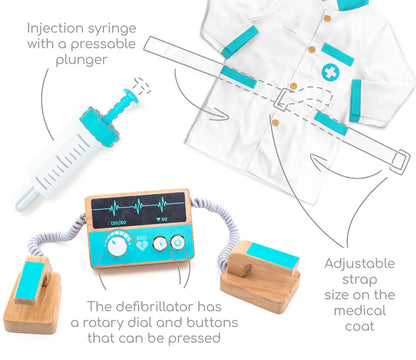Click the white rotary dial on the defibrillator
click(117, 247)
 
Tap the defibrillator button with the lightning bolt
click(160, 243)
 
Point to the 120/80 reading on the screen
click(119, 222)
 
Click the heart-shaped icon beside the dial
click(143, 246)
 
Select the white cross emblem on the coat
click(330, 72)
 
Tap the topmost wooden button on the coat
click(327, 18)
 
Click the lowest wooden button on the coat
click(275, 122)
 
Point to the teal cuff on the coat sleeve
click(355, 101)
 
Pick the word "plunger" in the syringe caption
click(82, 60)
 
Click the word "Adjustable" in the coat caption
click(360, 264)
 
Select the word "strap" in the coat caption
click(360, 280)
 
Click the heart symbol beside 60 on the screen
click(159, 219)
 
